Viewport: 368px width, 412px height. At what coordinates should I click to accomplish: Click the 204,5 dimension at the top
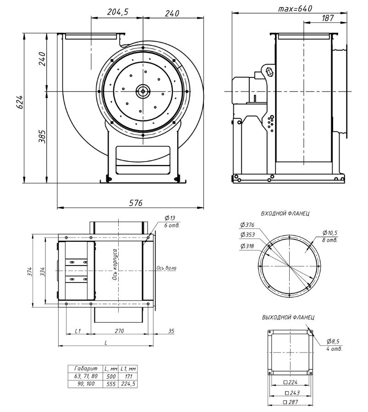(117, 13)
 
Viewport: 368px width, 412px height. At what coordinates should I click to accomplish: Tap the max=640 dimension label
(295, 9)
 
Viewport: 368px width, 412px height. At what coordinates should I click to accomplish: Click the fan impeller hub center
(143, 91)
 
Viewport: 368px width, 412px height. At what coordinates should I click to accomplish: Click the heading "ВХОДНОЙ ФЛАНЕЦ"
(285, 213)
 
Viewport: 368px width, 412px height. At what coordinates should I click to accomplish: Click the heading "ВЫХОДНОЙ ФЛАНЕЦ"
(288, 317)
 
